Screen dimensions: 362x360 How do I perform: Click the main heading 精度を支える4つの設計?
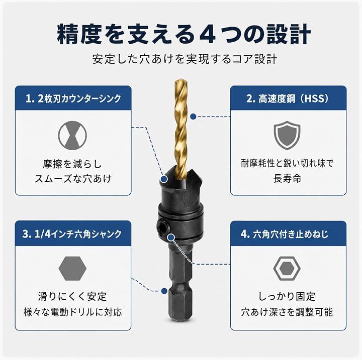[184, 34]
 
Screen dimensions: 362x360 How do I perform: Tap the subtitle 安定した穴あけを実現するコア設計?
[185, 60]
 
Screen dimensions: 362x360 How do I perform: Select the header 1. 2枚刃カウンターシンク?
[73, 98]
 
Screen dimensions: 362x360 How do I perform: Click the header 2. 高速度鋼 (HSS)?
[288, 98]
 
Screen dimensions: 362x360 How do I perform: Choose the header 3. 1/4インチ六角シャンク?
[72, 234]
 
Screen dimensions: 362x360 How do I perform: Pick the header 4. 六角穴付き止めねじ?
[285, 234]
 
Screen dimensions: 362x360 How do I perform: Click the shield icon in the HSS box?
[287, 135]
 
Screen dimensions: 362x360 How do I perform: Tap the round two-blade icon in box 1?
[72, 136]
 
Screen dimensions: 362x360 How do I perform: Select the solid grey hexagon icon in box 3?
[72, 269]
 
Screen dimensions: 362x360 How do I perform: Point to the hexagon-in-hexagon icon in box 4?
[287, 269]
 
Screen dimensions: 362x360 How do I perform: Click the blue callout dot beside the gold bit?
[194, 116]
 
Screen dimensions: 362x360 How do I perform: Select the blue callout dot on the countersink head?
[164, 179]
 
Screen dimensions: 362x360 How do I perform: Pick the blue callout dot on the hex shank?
[164, 291]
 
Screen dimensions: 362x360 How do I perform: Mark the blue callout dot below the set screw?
[171, 237]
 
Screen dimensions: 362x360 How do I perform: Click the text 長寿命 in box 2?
[287, 179]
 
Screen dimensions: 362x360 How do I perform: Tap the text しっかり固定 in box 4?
[287, 297]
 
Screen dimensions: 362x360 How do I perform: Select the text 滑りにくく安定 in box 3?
[72, 297]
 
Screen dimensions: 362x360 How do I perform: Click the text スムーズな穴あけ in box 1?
[73, 179]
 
